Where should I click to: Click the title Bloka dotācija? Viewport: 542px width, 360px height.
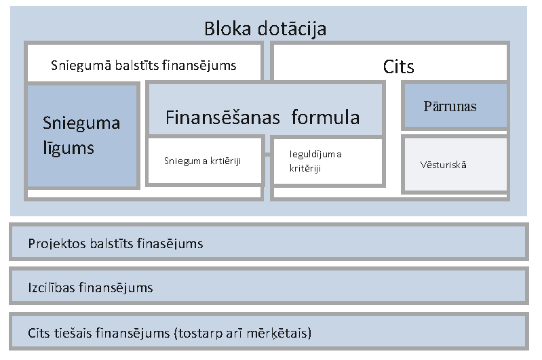click(265, 28)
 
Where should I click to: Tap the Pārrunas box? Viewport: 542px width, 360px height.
click(454, 106)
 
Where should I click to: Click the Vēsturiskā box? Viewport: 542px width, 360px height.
click(454, 165)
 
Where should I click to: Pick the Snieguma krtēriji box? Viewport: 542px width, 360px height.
click(204, 161)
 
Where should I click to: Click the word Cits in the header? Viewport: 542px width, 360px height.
click(398, 66)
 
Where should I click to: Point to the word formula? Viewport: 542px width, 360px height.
click(326, 117)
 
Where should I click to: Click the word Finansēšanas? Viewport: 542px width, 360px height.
click(222, 117)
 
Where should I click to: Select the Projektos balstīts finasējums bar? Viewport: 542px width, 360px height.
click(269, 243)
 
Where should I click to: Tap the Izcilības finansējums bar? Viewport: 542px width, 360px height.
click(269, 287)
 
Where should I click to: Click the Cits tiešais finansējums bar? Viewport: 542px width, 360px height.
click(269, 333)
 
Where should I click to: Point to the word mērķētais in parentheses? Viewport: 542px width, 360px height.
click(279, 334)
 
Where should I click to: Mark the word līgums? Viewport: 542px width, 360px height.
click(68, 148)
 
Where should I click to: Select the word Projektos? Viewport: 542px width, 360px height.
click(57, 243)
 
